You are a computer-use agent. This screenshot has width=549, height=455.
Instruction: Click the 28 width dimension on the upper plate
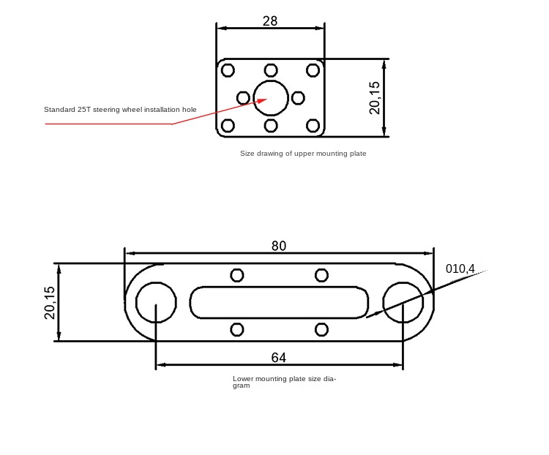(x=270, y=21)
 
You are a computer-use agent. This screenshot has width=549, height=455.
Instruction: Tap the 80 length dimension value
(x=279, y=246)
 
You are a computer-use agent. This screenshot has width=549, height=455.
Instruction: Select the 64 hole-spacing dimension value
(x=279, y=358)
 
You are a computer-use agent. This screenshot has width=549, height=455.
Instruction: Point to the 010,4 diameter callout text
(x=460, y=268)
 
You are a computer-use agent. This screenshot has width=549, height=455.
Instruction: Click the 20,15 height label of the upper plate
(x=374, y=97)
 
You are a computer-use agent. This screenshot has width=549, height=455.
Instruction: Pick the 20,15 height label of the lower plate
(x=50, y=302)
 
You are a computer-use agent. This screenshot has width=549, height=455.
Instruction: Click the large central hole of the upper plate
(x=271, y=98)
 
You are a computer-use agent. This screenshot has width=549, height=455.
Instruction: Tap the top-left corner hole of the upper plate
(x=228, y=70)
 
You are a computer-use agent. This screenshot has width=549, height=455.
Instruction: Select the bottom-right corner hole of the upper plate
(x=313, y=126)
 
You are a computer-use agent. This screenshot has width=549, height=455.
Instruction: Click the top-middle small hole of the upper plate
(x=271, y=70)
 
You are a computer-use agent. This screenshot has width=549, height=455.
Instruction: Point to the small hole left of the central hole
(x=243, y=98)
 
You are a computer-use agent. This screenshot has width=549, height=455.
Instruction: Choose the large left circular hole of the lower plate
(x=156, y=302)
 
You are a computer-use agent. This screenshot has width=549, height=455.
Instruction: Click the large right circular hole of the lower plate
(x=403, y=302)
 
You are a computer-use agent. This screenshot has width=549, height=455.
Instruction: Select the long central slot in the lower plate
(x=279, y=302)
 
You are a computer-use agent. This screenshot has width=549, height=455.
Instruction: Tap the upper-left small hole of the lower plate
(x=237, y=276)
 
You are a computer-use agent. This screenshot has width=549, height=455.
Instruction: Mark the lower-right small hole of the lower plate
(x=321, y=329)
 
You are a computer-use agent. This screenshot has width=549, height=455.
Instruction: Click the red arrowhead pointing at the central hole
(x=262, y=100)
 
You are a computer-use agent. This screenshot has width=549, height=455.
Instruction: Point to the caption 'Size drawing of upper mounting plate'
(x=303, y=154)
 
